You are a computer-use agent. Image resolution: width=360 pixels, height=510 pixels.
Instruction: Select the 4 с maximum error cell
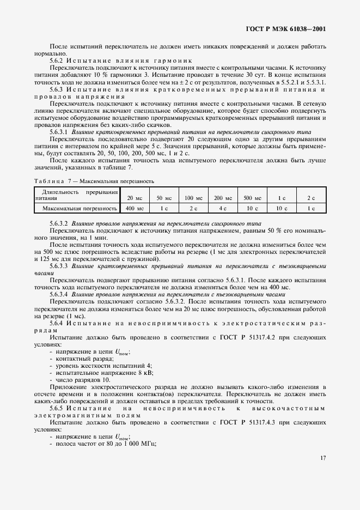(223, 208)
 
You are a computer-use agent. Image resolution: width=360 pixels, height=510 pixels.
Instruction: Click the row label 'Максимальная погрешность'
(80, 208)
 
